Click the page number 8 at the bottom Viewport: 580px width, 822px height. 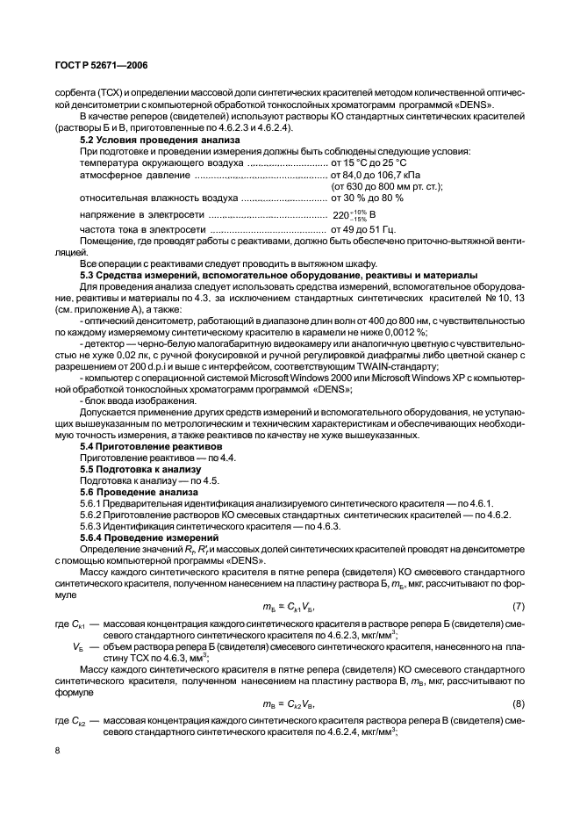pos(57,750)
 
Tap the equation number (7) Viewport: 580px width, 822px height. pos(518,607)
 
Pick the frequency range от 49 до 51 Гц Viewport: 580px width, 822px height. pos(369,229)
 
